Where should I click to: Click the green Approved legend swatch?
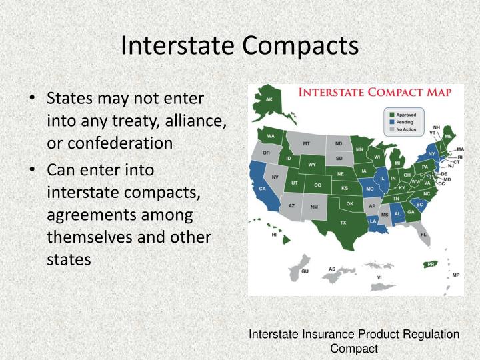point(391,115)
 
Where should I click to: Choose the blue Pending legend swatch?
point(391,122)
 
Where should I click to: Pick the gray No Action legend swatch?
point(391,129)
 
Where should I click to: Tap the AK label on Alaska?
point(269,100)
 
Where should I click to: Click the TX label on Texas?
point(343,222)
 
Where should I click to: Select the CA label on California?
point(262,189)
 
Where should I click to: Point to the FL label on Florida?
point(424,235)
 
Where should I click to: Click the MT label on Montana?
point(306,143)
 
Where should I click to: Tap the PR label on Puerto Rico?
point(431,264)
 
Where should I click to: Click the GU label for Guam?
point(305,271)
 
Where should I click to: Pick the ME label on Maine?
point(448,136)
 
